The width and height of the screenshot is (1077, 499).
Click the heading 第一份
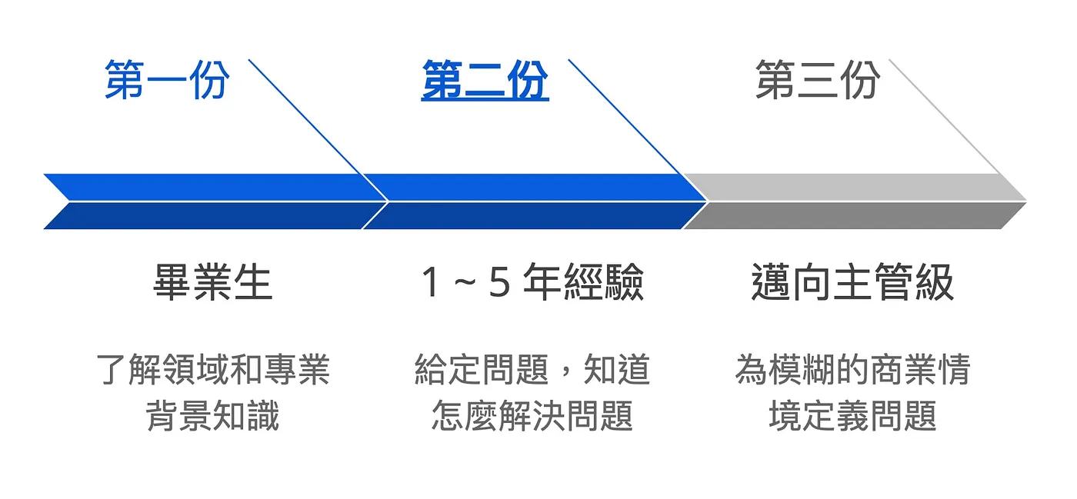[x=167, y=80]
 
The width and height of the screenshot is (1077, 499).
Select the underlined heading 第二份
[x=485, y=80]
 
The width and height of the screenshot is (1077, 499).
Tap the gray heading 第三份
[x=817, y=80]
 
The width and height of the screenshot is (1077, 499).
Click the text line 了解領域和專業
[x=213, y=370]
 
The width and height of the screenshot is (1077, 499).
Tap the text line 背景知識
[x=213, y=416]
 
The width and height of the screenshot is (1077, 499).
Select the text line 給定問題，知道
[x=532, y=370]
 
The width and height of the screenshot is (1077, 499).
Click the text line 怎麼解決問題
[x=532, y=416]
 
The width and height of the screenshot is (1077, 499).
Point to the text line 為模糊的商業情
[x=852, y=370]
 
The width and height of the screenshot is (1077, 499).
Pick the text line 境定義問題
[x=852, y=416]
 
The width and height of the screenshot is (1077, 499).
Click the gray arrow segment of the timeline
[x=854, y=201]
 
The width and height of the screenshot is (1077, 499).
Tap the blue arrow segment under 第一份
[x=208, y=201]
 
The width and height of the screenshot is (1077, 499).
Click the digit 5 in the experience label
[x=499, y=282]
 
